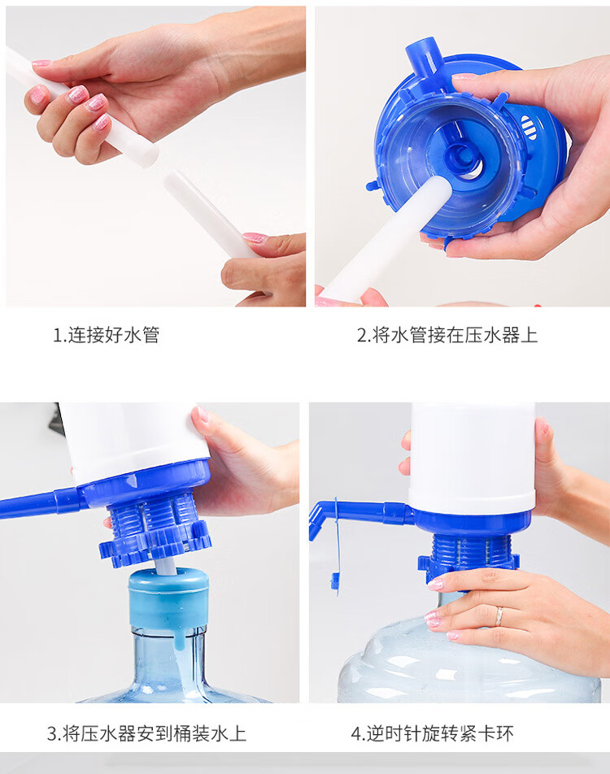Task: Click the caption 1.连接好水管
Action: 107,335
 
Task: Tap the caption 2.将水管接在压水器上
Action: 447,335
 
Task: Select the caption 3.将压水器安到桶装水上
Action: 146,733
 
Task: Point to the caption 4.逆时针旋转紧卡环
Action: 432,733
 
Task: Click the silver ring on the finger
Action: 499,616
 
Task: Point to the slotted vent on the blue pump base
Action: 528,128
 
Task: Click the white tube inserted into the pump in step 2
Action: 390,237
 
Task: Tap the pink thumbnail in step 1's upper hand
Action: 41,63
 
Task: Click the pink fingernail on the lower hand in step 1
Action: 255,238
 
